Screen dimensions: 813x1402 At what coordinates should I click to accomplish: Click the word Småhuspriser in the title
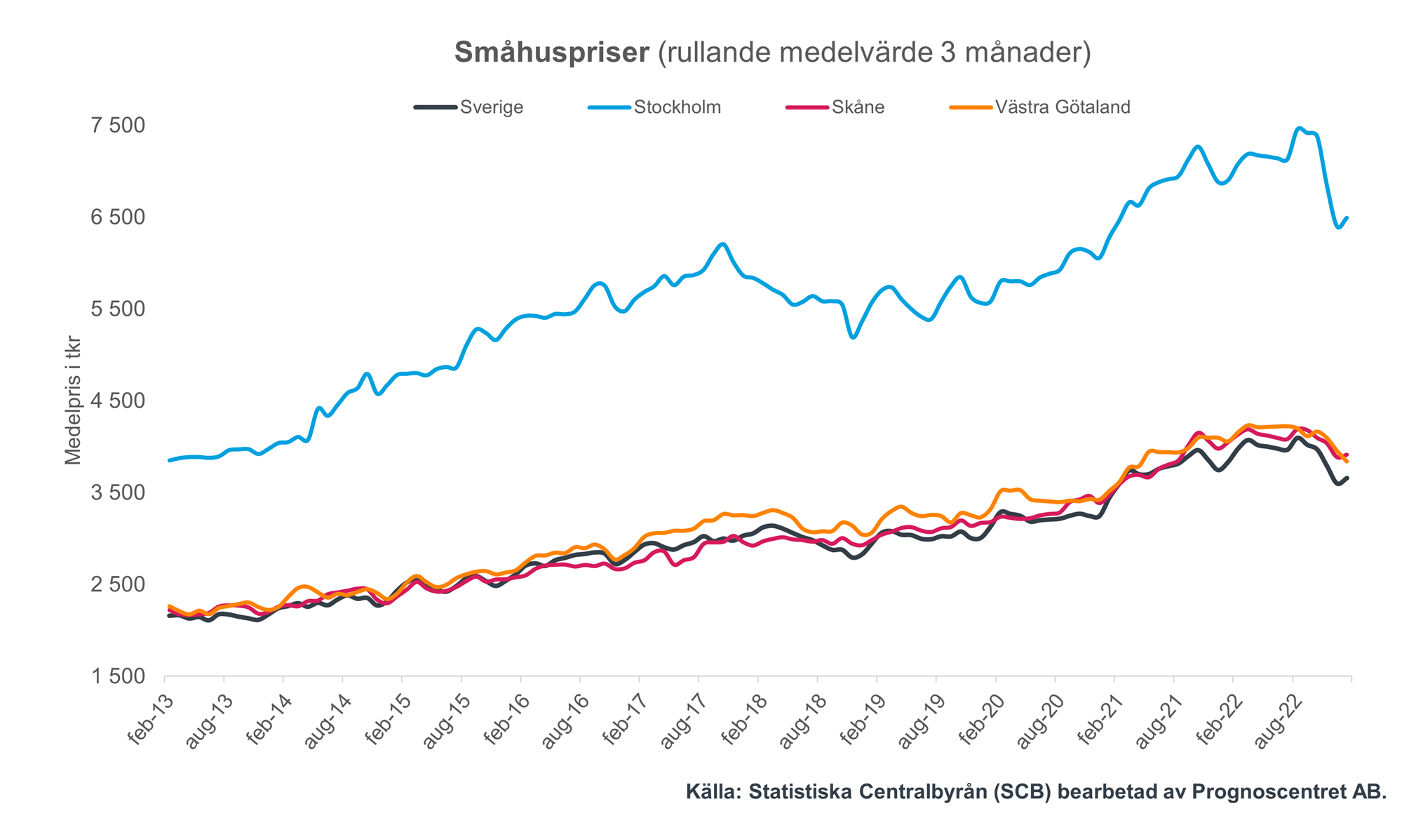tap(552, 53)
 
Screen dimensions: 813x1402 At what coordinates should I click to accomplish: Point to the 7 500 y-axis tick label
tap(117, 126)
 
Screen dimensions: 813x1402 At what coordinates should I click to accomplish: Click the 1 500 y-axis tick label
tap(117, 676)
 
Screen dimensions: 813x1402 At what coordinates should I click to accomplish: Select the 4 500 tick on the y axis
tap(117, 401)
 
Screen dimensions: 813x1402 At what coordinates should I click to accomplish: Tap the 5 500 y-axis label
tap(117, 309)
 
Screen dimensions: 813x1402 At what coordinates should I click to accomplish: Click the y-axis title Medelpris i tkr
tap(73, 401)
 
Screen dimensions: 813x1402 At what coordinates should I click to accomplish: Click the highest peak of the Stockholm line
tap(1299, 128)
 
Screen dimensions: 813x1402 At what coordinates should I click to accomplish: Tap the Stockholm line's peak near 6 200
tap(723, 244)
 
